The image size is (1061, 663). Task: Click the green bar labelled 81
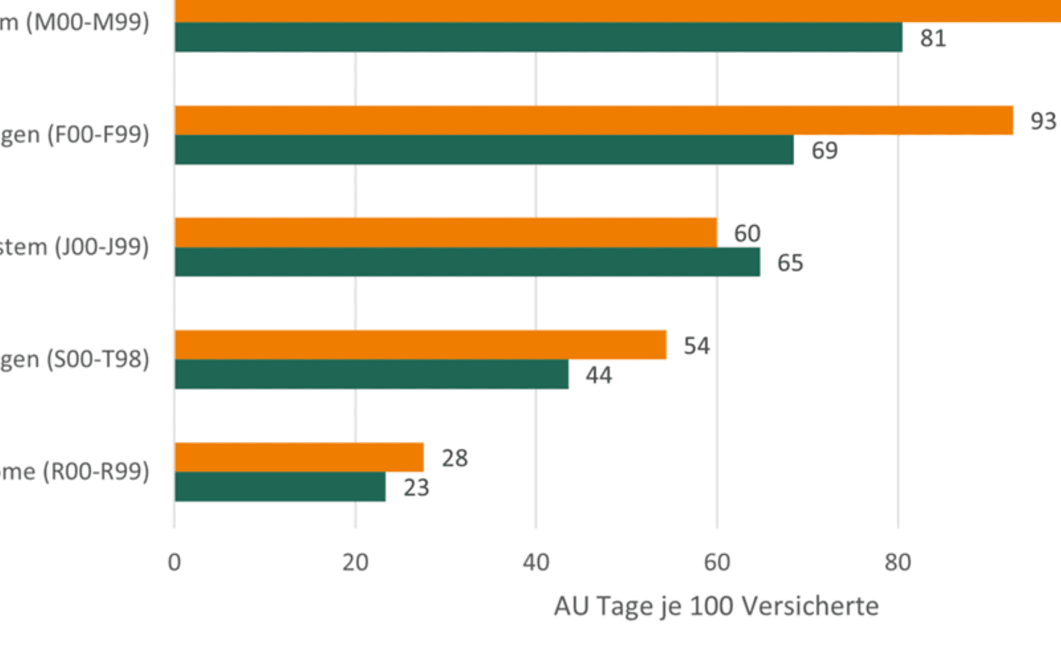(x=539, y=37)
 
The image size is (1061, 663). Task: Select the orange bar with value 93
(x=594, y=121)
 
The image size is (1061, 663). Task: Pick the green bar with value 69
(x=484, y=150)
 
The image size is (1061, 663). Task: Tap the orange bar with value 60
(x=446, y=233)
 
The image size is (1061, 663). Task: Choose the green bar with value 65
(x=467, y=262)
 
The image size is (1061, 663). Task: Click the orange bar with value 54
(x=421, y=345)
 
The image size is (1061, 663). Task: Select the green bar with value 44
(x=371, y=374)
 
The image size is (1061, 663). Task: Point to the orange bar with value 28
(x=299, y=457)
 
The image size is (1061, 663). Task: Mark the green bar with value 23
(x=280, y=487)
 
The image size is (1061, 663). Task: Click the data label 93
(x=1043, y=121)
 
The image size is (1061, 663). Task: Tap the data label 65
(x=790, y=263)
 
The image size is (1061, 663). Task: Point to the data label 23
(x=416, y=488)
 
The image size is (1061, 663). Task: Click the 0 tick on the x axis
(x=175, y=563)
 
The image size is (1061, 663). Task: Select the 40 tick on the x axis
(x=536, y=563)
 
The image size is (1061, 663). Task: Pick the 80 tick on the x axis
(x=897, y=563)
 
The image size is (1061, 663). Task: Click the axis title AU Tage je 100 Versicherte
(x=716, y=606)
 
